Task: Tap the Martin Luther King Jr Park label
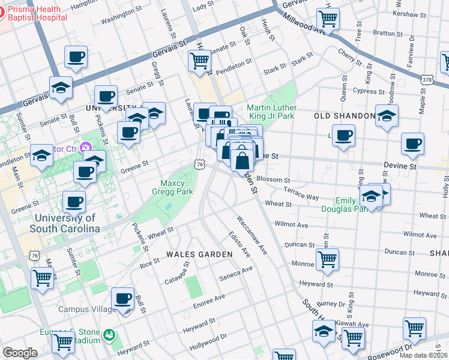pos(271,111)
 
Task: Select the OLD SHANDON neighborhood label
pos(340,115)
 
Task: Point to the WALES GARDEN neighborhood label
pos(199,254)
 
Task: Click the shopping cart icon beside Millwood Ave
pos(328,19)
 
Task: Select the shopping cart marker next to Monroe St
pos(327,259)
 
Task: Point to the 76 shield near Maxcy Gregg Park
pos(200,164)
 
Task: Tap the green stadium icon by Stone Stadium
pos(109,334)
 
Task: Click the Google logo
pos(20,353)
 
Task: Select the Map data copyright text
pos(423,355)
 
